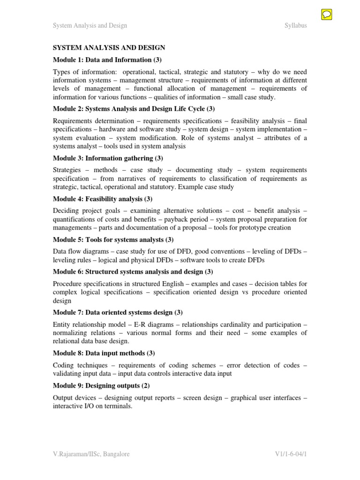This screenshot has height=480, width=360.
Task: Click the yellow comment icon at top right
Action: click(327, 15)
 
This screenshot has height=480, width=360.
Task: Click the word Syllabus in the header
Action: click(296, 25)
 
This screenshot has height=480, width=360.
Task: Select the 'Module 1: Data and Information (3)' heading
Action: click(108, 60)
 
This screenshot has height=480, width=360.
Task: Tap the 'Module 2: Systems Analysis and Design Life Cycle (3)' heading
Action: click(134, 109)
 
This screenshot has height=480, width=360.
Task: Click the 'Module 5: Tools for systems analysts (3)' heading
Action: click(113, 240)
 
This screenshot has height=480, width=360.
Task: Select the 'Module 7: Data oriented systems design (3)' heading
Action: click(118, 312)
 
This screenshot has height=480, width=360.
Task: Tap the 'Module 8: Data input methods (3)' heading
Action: click(104, 352)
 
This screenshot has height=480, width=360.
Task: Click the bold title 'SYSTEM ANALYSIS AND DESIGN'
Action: click(109, 48)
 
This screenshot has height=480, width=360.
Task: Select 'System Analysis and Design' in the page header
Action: click(90, 25)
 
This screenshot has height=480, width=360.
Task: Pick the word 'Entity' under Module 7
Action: click(61, 324)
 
